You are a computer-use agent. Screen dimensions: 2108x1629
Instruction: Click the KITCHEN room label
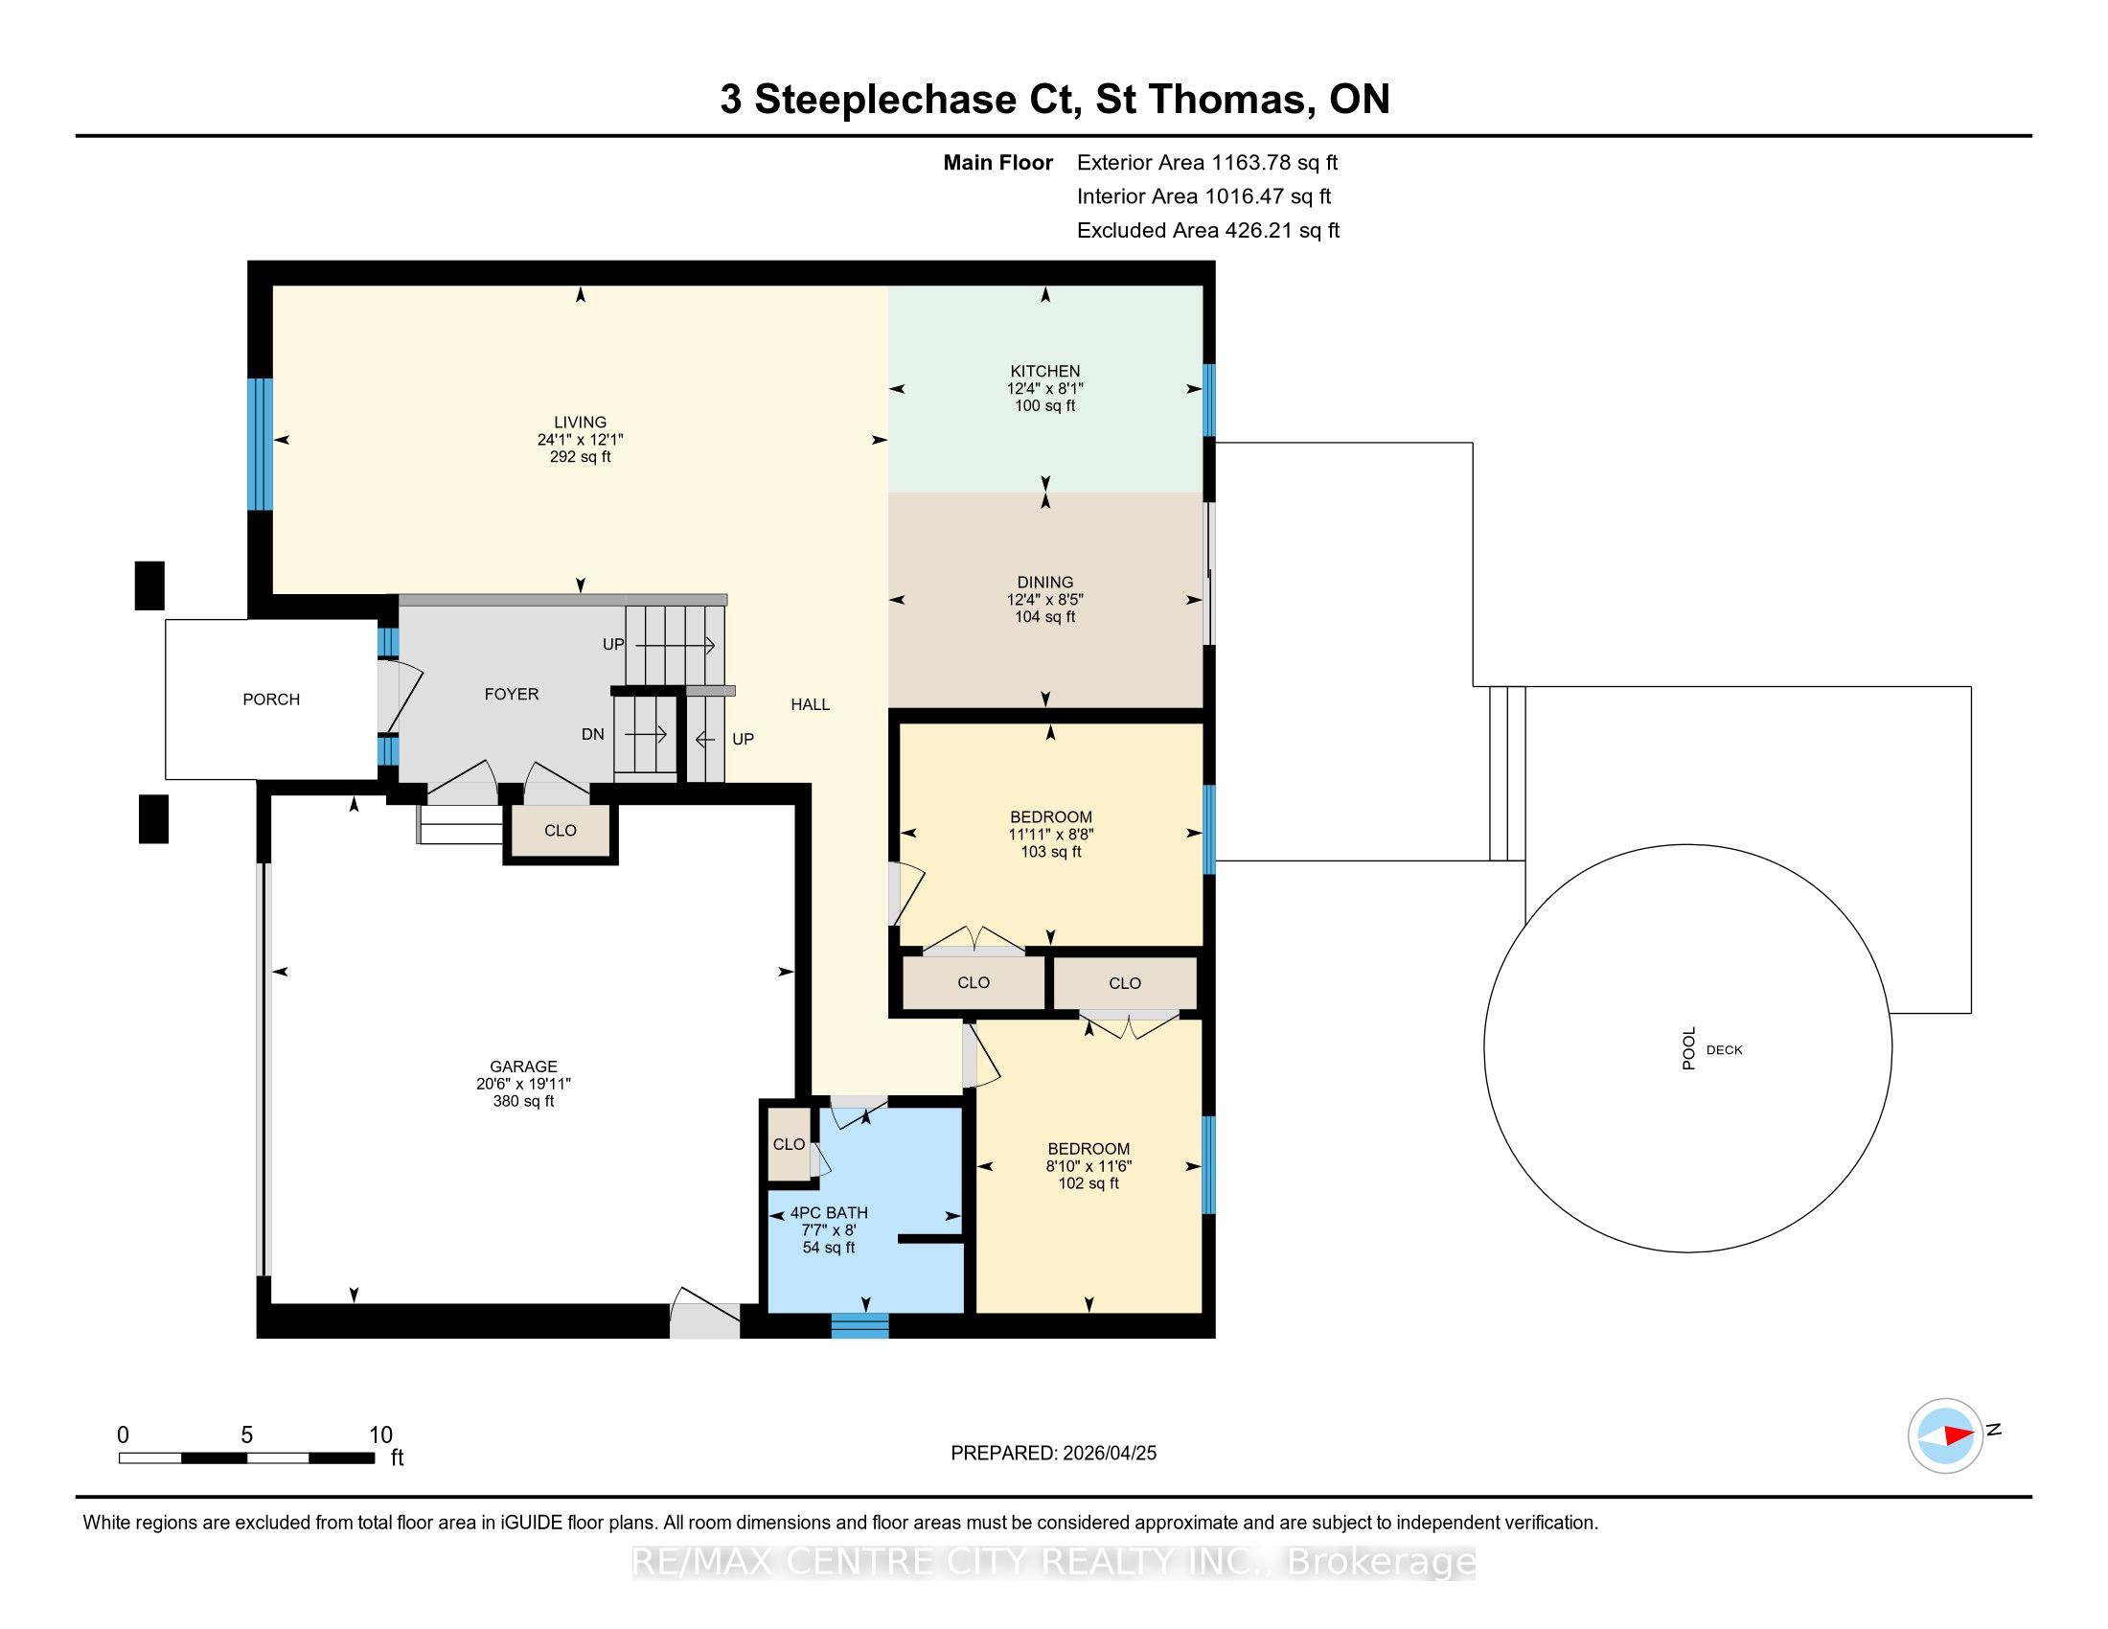point(1044,371)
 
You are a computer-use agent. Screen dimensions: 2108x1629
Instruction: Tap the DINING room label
point(1044,582)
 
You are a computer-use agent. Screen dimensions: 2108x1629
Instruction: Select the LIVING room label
point(580,422)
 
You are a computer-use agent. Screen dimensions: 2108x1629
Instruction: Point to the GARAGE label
point(523,1067)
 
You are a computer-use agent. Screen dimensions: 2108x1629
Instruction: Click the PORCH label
point(271,699)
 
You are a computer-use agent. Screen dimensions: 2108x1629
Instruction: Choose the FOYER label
point(512,694)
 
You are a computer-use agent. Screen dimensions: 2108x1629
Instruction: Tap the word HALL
point(810,704)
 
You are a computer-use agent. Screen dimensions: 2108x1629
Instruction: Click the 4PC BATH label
point(829,1213)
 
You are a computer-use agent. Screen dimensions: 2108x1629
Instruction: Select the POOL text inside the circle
point(1689,1049)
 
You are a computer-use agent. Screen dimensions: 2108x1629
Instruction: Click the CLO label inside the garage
point(560,830)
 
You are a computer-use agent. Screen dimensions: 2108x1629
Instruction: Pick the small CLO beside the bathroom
point(789,1143)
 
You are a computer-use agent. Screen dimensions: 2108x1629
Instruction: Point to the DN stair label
point(592,734)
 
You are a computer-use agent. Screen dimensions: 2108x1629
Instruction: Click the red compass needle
point(1959,1435)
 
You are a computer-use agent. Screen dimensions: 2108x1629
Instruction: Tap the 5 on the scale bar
point(247,1435)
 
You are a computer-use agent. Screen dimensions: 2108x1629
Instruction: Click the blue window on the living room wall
point(259,443)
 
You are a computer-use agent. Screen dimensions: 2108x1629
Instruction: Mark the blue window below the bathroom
point(860,1326)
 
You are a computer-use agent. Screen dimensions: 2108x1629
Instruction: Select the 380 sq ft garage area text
point(523,1101)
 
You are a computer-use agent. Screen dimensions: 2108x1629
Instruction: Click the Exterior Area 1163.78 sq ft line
point(1207,162)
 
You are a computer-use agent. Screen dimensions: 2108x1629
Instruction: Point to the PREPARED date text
point(1053,1454)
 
